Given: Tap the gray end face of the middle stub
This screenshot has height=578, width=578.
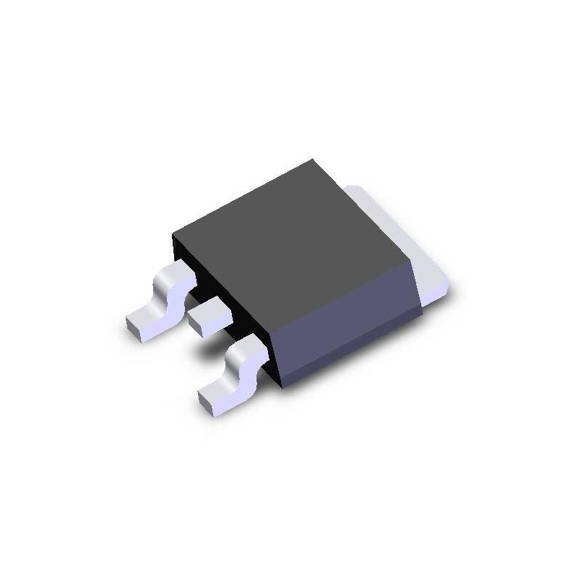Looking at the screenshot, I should [x=202, y=329].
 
